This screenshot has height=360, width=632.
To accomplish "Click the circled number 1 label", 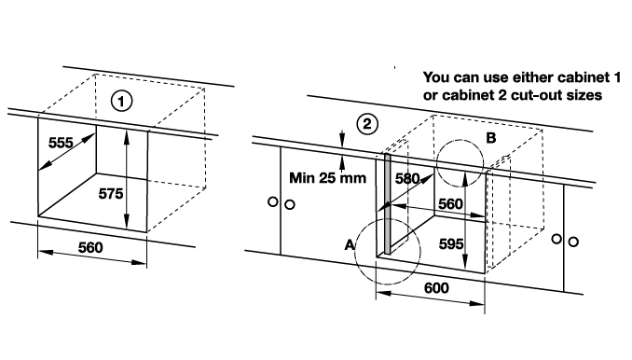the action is click(122, 101).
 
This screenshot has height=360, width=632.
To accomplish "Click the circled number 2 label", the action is click(367, 124).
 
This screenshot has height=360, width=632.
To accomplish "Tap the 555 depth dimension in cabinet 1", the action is click(61, 143).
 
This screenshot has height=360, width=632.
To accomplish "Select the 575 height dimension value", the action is click(111, 194).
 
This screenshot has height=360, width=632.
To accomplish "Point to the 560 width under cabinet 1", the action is click(90, 247).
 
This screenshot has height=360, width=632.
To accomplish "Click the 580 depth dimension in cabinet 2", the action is click(407, 178).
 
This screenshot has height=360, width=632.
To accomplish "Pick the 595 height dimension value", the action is click(451, 244).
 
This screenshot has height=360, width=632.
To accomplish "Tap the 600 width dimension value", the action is click(436, 288).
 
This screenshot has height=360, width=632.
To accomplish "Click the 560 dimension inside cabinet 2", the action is click(450, 204).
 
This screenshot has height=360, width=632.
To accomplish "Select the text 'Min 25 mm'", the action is click(328, 178).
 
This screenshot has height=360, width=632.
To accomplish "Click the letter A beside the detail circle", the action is click(350, 244).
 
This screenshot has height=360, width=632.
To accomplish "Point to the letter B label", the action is click(491, 138).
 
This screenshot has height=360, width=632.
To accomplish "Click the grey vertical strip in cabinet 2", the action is click(388, 203).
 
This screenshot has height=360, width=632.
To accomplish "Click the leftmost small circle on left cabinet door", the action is click(273, 201).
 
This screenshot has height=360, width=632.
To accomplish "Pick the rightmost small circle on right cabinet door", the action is click(573, 242).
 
